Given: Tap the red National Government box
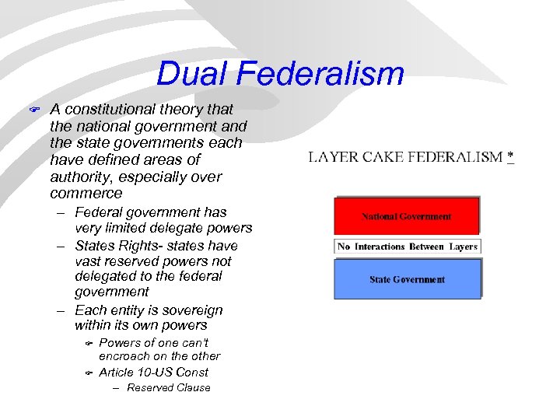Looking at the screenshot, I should (406, 216).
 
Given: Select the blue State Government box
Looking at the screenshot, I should (407, 279).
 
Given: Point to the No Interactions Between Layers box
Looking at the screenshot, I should (407, 247).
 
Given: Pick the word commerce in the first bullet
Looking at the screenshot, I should (86, 193).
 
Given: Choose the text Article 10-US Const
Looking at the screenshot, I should (154, 373).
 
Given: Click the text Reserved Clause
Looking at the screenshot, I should (168, 388).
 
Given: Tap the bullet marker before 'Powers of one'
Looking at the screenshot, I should (89, 343).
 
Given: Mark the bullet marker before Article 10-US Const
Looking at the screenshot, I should (89, 373).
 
